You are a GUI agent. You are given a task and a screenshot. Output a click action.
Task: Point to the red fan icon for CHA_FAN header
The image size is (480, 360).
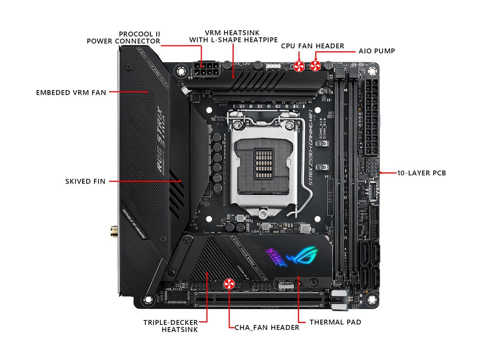(228, 284)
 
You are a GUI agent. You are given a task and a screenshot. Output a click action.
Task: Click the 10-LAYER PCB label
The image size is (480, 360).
(421, 173)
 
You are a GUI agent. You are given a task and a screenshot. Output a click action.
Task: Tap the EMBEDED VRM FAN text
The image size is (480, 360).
(71, 92)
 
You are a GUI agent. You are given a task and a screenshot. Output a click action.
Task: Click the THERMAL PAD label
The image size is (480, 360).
(335, 322)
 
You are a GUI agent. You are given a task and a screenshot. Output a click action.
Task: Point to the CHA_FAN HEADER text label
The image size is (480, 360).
(267, 327)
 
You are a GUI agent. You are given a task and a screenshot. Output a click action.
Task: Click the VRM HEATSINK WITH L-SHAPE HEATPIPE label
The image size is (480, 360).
(233, 36)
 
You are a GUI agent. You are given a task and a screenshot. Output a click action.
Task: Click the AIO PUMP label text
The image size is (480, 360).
(376, 51)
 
